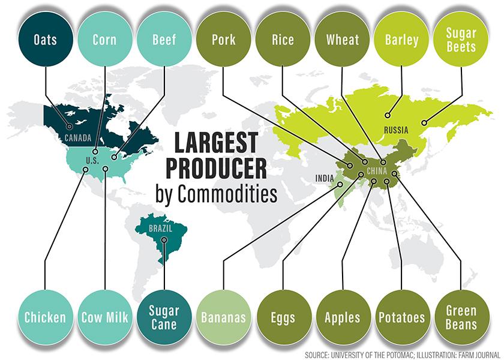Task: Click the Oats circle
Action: tap(46, 41)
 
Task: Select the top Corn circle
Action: tap(104, 41)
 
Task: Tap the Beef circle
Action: tap(163, 41)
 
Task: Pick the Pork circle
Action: tap(223, 41)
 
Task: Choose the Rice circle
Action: tap(282, 41)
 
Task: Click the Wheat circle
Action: tap(341, 41)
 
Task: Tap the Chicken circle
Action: tap(46, 317)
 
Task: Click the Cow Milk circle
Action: tap(104, 317)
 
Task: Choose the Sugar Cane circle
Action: tap(164, 317)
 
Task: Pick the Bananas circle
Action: tap(223, 317)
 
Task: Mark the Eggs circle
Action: tap(282, 317)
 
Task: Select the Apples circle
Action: tap(341, 317)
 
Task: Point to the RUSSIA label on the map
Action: tap(397, 130)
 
